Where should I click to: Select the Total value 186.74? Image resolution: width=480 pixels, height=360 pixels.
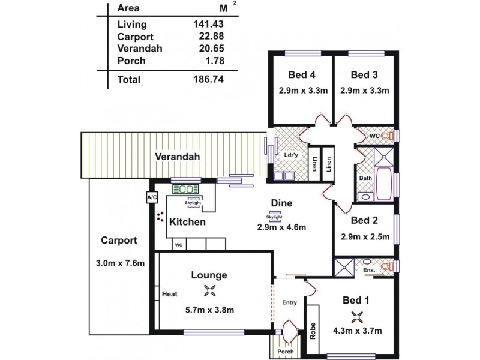coord(207,79)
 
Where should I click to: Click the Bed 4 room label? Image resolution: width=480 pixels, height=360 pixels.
coord(302,75)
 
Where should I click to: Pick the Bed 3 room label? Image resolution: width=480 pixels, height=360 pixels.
coord(364,75)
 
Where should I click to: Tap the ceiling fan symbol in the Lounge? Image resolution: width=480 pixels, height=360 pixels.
coord(209,292)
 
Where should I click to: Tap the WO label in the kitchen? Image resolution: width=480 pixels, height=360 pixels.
coord(178,245)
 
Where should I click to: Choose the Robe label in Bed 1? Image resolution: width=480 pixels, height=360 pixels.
coord(313,332)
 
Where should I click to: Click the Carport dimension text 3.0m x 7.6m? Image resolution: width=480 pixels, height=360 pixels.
coord(120,263)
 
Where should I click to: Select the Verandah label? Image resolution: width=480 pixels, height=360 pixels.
coord(177,157)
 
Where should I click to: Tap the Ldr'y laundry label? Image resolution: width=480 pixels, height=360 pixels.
coord(290,155)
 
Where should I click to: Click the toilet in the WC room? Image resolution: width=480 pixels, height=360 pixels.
coord(387,136)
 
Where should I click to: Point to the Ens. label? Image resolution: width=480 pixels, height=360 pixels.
coord(369,271)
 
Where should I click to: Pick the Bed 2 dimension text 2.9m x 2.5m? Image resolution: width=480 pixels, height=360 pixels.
coord(365,236)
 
